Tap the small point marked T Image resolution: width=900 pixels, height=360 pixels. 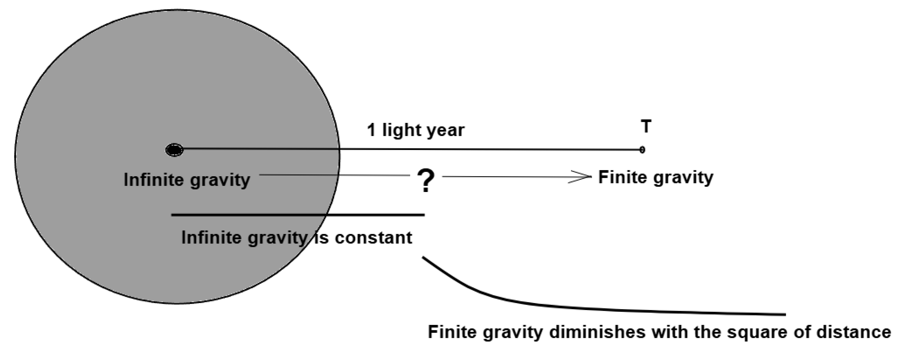point(642,150)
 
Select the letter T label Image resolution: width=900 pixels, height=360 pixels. point(646,127)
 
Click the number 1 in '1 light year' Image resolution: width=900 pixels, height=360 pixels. point(371,130)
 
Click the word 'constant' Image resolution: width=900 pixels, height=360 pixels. point(374,238)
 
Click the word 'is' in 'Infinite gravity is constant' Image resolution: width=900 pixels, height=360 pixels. point(322,238)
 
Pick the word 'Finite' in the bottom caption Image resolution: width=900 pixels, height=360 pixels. point(450,332)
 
